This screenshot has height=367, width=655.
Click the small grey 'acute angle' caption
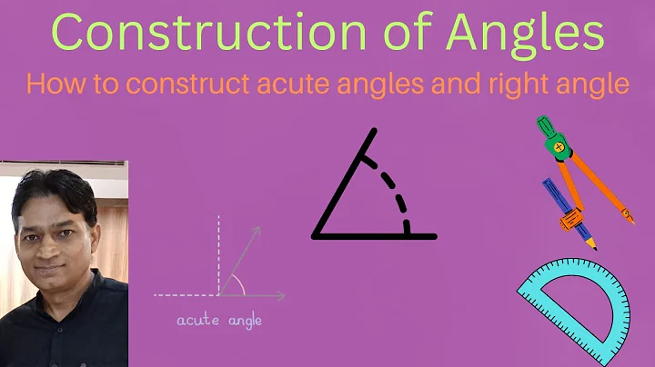pyautogui.click(x=219, y=322)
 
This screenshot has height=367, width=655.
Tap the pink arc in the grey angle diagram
pyautogui.click(x=239, y=284)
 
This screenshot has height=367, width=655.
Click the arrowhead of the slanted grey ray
pyautogui.click(x=257, y=232)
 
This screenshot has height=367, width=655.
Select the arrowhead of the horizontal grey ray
pyautogui.click(x=280, y=294)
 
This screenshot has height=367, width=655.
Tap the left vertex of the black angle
pyautogui.click(x=316, y=235)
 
